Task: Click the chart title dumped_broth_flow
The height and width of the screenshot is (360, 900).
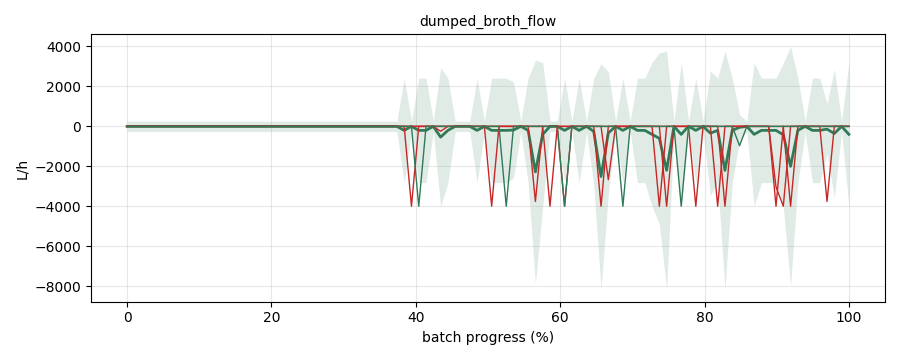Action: point(488,22)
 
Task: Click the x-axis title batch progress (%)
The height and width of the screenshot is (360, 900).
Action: point(488,337)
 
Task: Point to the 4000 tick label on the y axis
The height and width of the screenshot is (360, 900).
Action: point(65,47)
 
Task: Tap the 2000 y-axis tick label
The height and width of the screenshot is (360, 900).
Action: point(65,87)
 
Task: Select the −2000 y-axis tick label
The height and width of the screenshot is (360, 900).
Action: point(60,167)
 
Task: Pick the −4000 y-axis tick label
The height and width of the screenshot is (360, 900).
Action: point(60,207)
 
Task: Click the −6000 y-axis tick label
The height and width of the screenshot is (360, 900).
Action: point(60,247)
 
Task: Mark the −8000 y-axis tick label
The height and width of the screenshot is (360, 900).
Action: point(60,287)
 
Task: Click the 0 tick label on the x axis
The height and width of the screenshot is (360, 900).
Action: point(127,316)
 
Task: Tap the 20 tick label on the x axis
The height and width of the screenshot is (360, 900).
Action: point(271,316)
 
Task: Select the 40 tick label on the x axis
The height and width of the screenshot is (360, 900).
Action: point(416,316)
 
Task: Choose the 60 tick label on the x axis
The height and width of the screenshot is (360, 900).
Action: point(561,316)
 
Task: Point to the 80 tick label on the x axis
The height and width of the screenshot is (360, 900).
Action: point(705,316)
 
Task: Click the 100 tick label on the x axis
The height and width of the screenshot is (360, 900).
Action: point(849,316)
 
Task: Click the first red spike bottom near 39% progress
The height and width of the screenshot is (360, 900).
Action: point(412,206)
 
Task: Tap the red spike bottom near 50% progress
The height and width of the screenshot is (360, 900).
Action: point(491,206)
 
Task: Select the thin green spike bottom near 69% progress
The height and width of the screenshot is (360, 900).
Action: point(623,206)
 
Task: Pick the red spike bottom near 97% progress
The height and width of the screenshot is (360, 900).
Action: point(827,201)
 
